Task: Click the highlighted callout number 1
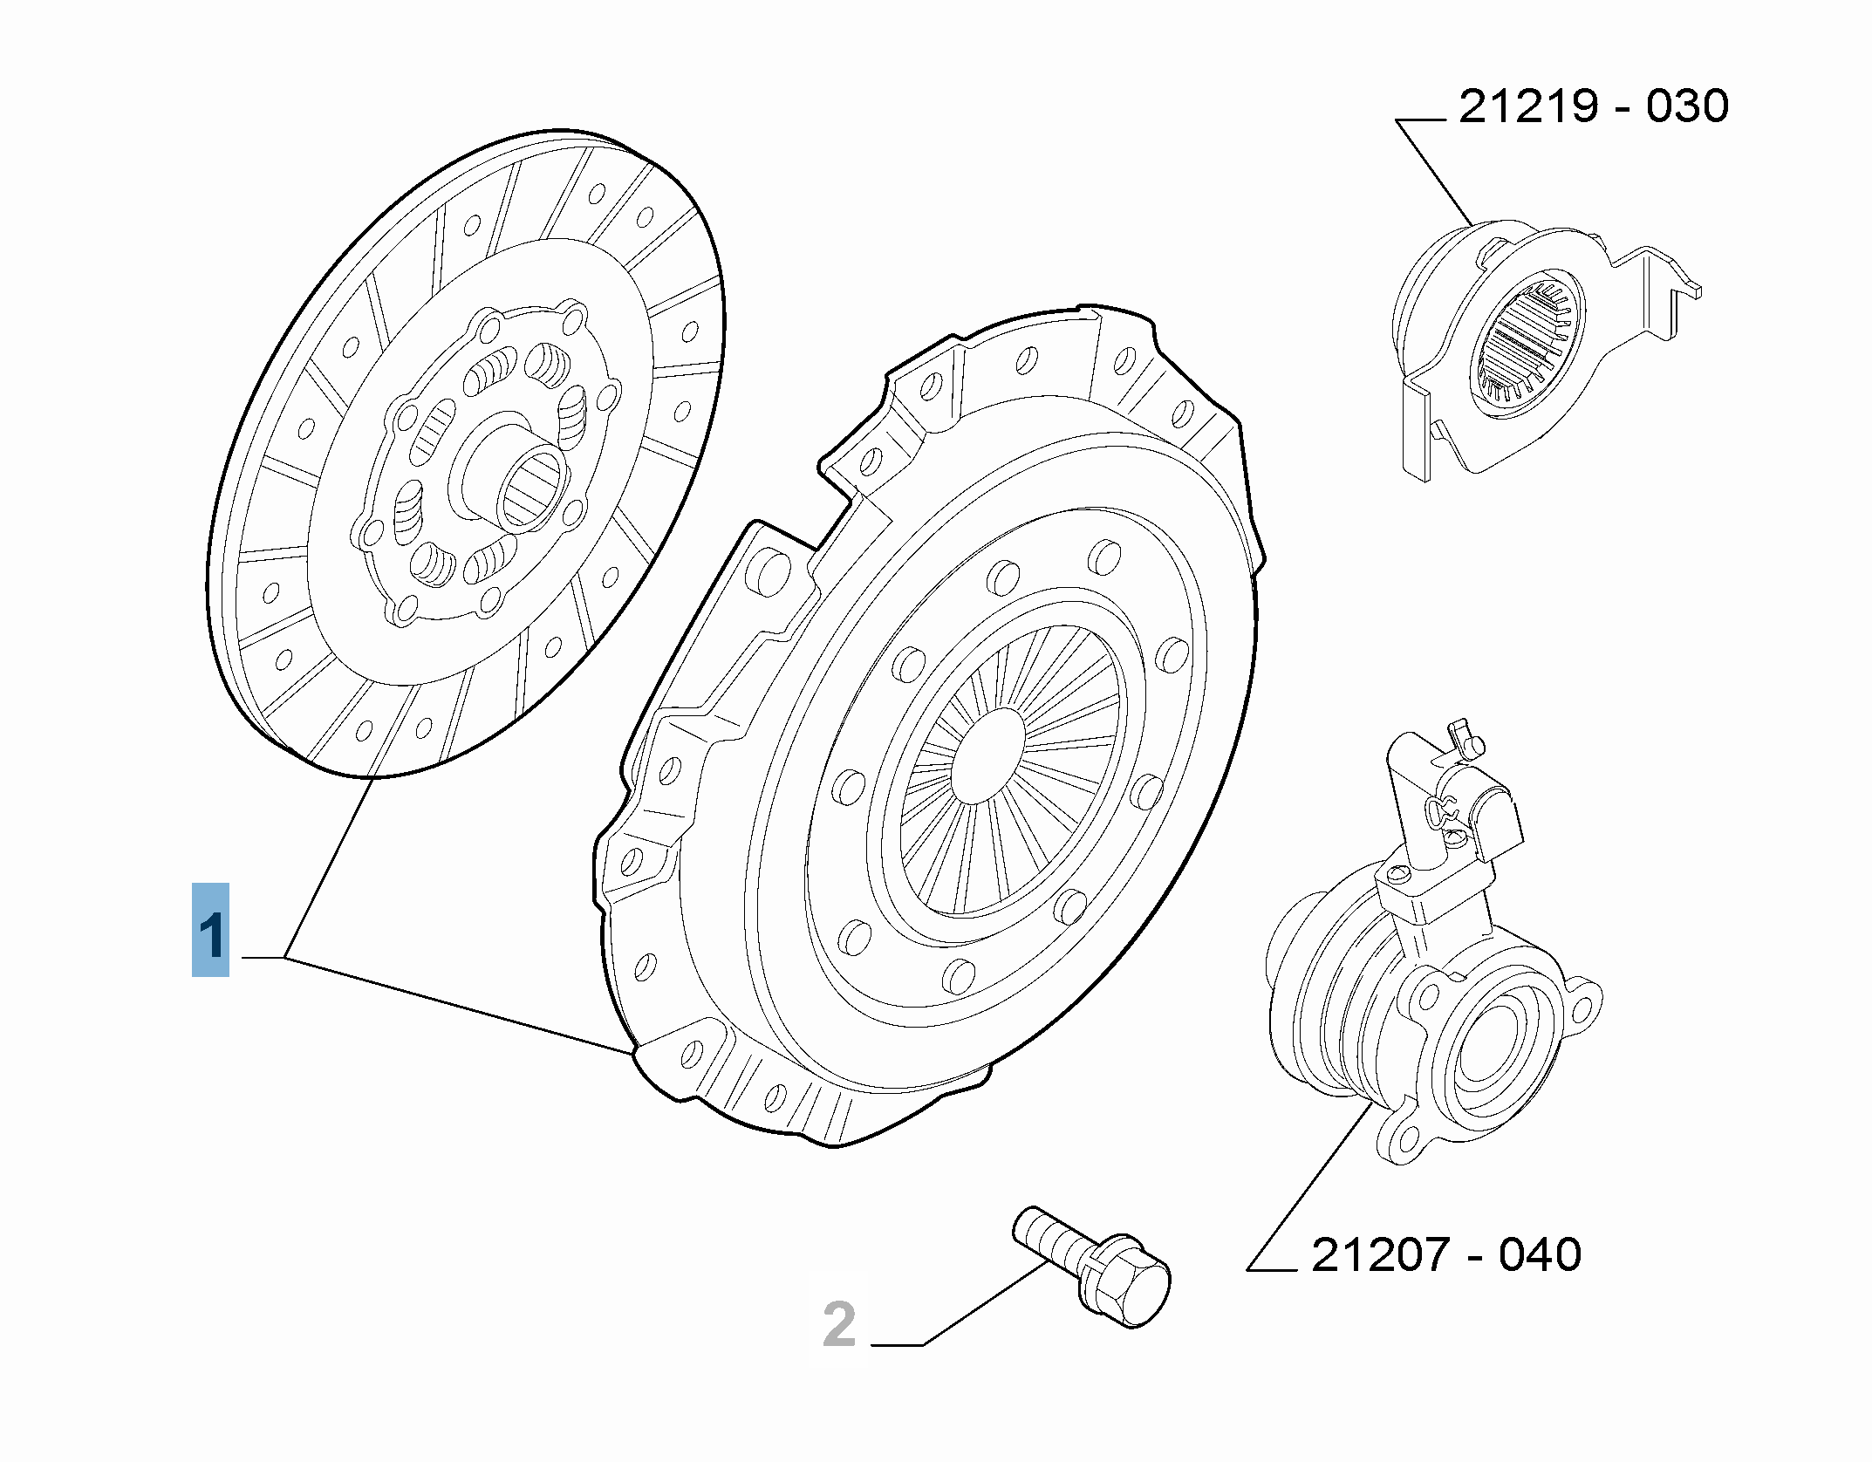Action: click(x=210, y=929)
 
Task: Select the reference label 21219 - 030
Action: click(x=1594, y=106)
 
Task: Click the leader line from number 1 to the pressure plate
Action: click(x=457, y=1006)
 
